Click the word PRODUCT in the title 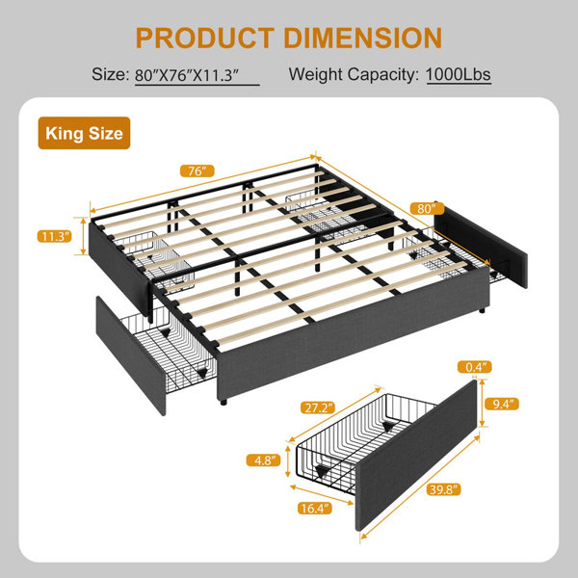(205, 38)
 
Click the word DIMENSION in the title (363, 38)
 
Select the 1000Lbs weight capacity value (459, 75)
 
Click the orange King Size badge (84, 133)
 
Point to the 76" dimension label (197, 171)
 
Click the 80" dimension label (427, 209)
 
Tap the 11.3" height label (55, 236)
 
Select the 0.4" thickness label (474, 367)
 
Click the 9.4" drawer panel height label (501, 405)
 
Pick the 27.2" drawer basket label (318, 407)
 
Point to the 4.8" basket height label (263, 460)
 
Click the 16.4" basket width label (315, 509)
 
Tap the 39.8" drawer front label (443, 489)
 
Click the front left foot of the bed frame (223, 402)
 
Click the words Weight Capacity (354, 75)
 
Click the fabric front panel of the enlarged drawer (416, 456)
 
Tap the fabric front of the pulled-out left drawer (131, 355)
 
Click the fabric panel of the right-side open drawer (481, 244)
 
